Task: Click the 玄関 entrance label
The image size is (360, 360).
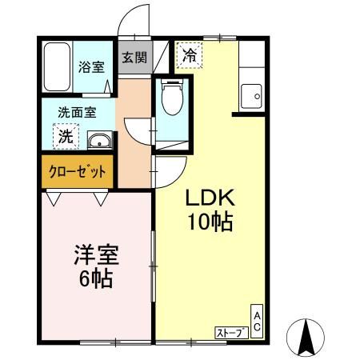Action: (134, 58)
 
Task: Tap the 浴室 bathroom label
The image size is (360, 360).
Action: (91, 66)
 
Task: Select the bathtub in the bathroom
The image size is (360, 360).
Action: (58, 67)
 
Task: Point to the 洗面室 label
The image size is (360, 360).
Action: (77, 113)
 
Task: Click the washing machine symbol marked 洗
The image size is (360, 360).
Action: (66, 136)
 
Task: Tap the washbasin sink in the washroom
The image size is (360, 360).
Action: (100, 140)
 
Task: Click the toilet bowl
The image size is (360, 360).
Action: (172, 97)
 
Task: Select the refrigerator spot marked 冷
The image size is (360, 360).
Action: (190, 55)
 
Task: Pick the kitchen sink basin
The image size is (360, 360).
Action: (251, 96)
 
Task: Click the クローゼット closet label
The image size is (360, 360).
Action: (78, 172)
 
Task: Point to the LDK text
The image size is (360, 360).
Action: (210, 198)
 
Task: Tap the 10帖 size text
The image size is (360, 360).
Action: (210, 222)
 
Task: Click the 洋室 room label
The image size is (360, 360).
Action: (96, 255)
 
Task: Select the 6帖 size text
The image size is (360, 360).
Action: (95, 279)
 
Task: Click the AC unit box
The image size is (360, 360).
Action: (257, 322)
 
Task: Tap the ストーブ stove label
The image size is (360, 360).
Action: (231, 333)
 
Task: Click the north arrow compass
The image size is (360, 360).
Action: (306, 337)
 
